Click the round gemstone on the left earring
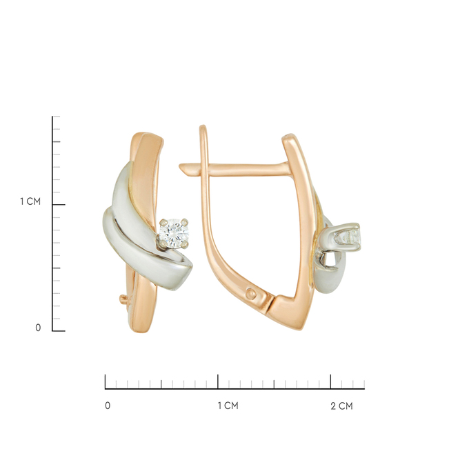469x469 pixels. pyautogui.click(x=174, y=233)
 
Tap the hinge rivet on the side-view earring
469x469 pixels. pyautogui.click(x=250, y=294)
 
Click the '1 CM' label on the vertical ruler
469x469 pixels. pyautogui.click(x=30, y=201)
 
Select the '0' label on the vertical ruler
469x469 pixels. pyautogui.click(x=38, y=328)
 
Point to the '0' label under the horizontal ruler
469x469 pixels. pyautogui.click(x=108, y=406)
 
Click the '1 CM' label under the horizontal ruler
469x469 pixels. pyautogui.click(x=228, y=406)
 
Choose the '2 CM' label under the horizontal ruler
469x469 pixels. pyautogui.click(x=341, y=406)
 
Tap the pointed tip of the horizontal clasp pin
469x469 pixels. pyautogui.click(x=180, y=166)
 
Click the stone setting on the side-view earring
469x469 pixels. pyautogui.click(x=346, y=237)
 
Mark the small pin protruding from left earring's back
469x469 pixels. pyautogui.click(x=123, y=299)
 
